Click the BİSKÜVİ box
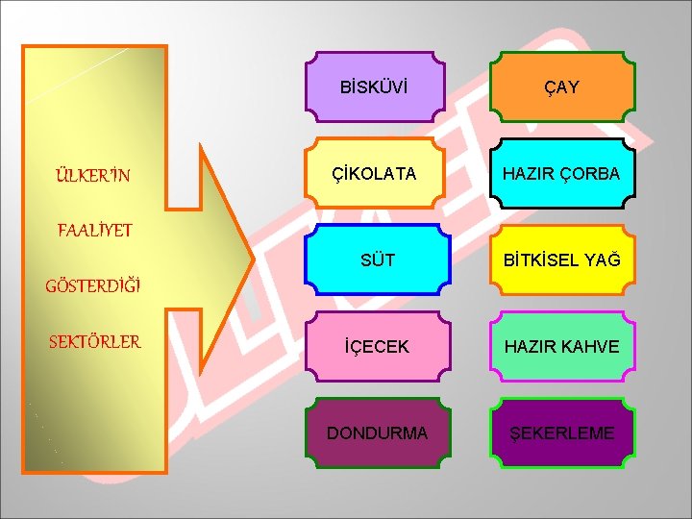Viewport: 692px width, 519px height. pyautogui.click(x=375, y=87)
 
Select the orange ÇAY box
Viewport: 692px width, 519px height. pyautogui.click(x=562, y=87)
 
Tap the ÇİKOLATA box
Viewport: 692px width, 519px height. pyautogui.click(x=375, y=174)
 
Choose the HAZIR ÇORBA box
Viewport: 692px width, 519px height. pyautogui.click(x=562, y=174)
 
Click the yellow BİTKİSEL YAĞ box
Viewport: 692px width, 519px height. pyautogui.click(x=562, y=259)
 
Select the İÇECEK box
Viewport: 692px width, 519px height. pyautogui.click(x=375, y=346)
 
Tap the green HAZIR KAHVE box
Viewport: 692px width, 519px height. pyautogui.click(x=562, y=346)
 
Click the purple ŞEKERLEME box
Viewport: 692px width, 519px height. pyautogui.click(x=562, y=432)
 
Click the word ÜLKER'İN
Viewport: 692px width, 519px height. pyautogui.click(x=92, y=176)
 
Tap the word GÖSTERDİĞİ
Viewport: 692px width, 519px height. pyautogui.click(x=93, y=285)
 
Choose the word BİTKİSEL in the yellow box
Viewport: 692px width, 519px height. pyautogui.click(x=543, y=260)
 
